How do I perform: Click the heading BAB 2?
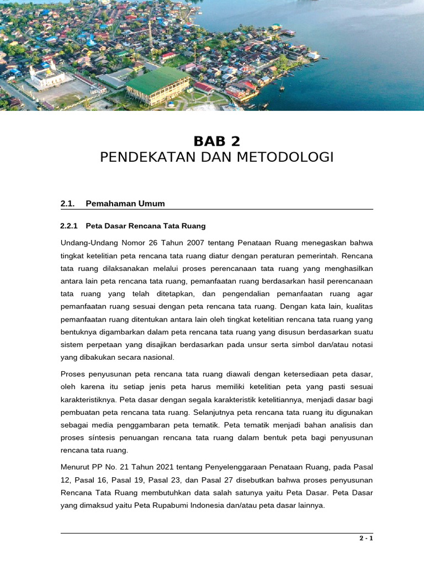[217, 141]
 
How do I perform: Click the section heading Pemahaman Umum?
[125, 204]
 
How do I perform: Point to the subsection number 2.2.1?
[70, 226]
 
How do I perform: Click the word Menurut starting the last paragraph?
[75, 467]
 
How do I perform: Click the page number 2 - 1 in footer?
[366, 539]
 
